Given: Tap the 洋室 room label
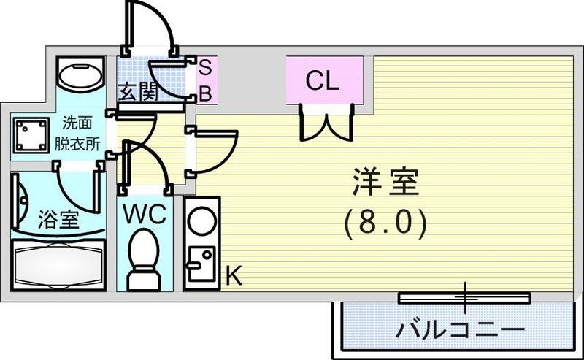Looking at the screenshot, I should pos(386,183).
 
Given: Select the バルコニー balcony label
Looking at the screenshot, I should pos(459,329).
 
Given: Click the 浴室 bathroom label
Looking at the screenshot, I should pos(59,220).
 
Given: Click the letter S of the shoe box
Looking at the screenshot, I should pos(205,67).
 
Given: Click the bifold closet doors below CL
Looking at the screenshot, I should pos(326,122).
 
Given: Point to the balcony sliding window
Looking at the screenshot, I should pos(464,296).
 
